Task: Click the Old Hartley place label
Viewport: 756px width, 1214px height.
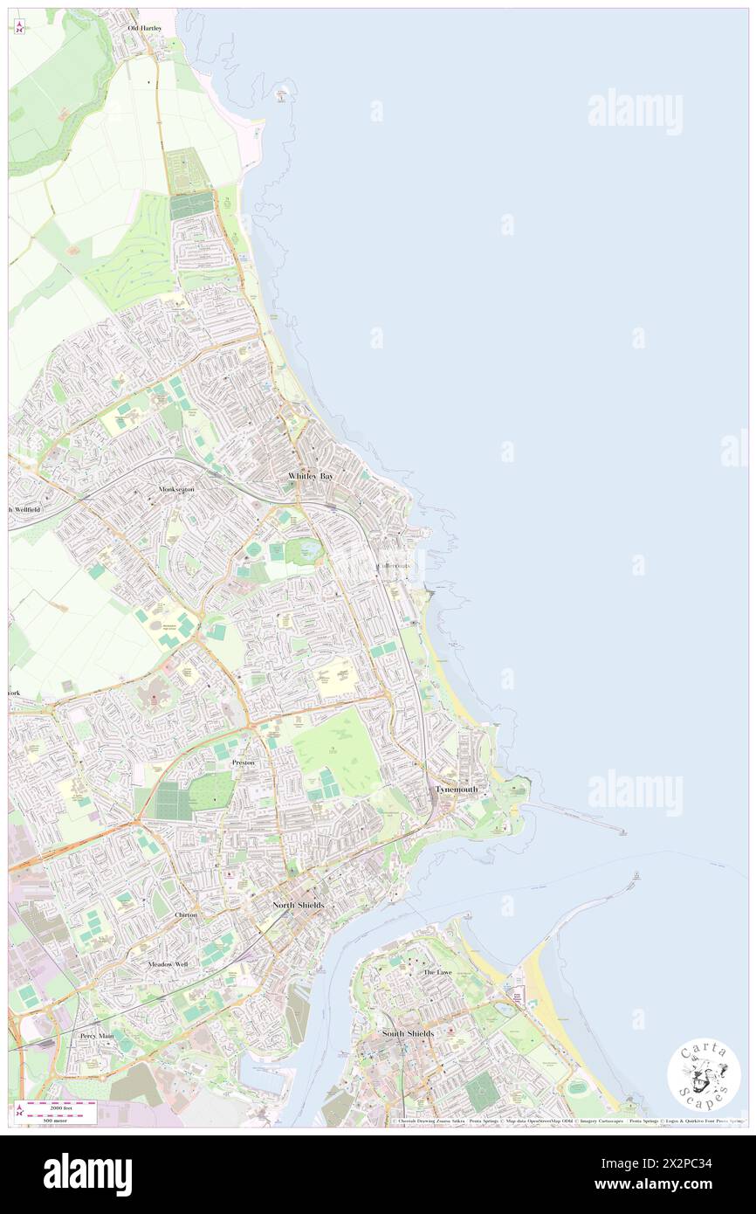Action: point(145,28)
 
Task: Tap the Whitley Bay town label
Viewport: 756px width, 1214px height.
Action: point(310,476)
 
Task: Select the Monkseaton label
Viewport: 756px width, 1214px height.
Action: point(177,490)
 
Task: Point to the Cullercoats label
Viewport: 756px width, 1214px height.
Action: point(395,566)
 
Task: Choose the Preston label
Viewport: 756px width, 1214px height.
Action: point(243,762)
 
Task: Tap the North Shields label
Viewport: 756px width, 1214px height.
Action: point(298,905)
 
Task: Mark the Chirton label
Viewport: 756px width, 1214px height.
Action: point(186,914)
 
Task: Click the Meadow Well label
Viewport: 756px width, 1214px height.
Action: point(168,964)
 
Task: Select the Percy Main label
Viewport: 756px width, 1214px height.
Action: point(96,1036)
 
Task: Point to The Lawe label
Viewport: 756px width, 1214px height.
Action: point(437,972)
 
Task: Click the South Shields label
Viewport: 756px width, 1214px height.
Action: point(408,1034)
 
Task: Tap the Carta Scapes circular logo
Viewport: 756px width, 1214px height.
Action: point(704,1073)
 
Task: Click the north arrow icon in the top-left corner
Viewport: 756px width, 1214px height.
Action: point(19,27)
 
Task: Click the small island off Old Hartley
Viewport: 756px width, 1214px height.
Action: point(281,92)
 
